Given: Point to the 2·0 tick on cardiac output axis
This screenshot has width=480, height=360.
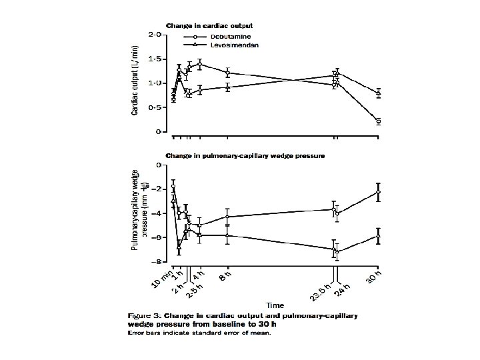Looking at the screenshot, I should (154, 34).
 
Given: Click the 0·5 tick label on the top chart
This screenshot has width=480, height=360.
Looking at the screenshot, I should (154, 107).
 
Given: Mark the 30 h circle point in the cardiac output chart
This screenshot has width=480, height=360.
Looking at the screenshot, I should (378, 121).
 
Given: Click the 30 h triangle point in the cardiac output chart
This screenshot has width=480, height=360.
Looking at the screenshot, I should (378, 93).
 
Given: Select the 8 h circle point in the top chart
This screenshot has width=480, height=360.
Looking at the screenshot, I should (228, 73).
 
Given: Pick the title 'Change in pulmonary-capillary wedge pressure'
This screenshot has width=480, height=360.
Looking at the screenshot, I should (245, 156).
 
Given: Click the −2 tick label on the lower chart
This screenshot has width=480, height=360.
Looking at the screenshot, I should (156, 189).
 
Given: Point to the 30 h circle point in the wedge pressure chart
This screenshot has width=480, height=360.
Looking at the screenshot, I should (378, 192).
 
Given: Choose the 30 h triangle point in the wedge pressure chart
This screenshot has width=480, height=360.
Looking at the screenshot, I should (378, 236).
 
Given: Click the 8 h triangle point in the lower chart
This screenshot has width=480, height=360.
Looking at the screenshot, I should (228, 235).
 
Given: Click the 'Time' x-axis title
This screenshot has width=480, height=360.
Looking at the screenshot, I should (274, 306).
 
